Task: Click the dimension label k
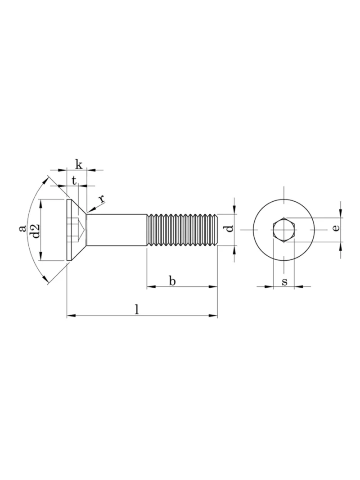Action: coord(79,164)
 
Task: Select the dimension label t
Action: coord(74,181)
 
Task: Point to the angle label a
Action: coord(22,228)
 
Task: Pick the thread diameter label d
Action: coord(229,228)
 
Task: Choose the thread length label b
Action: coord(172,280)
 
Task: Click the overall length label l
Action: coord(137,309)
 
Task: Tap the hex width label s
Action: coord(284,281)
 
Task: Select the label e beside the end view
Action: coord(336,228)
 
